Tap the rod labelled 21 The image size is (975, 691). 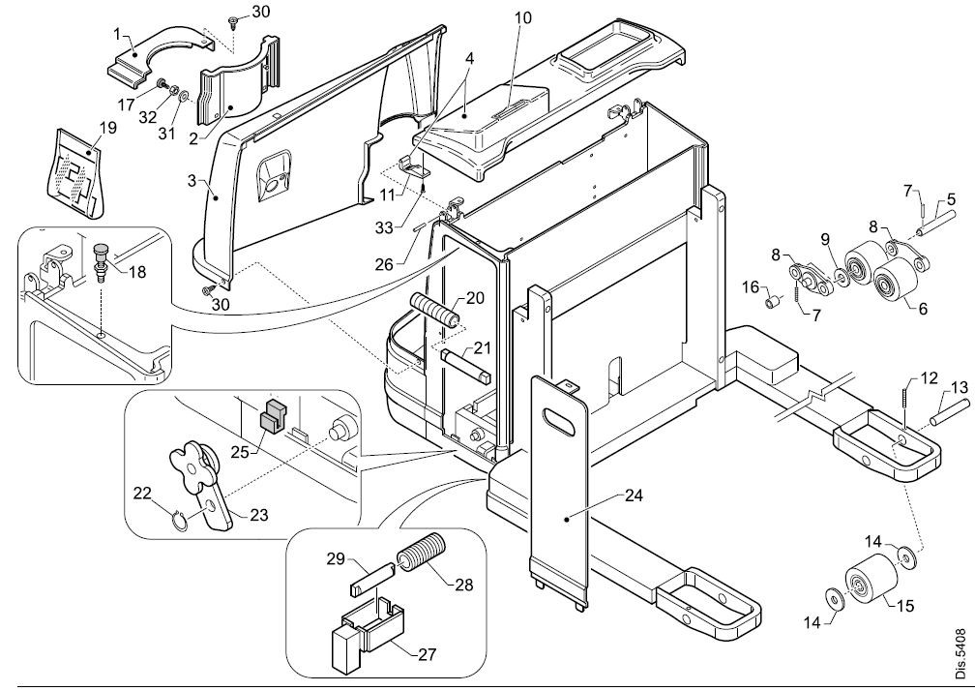(467, 366)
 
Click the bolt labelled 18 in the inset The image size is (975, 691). (100, 257)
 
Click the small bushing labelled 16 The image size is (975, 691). (773, 302)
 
